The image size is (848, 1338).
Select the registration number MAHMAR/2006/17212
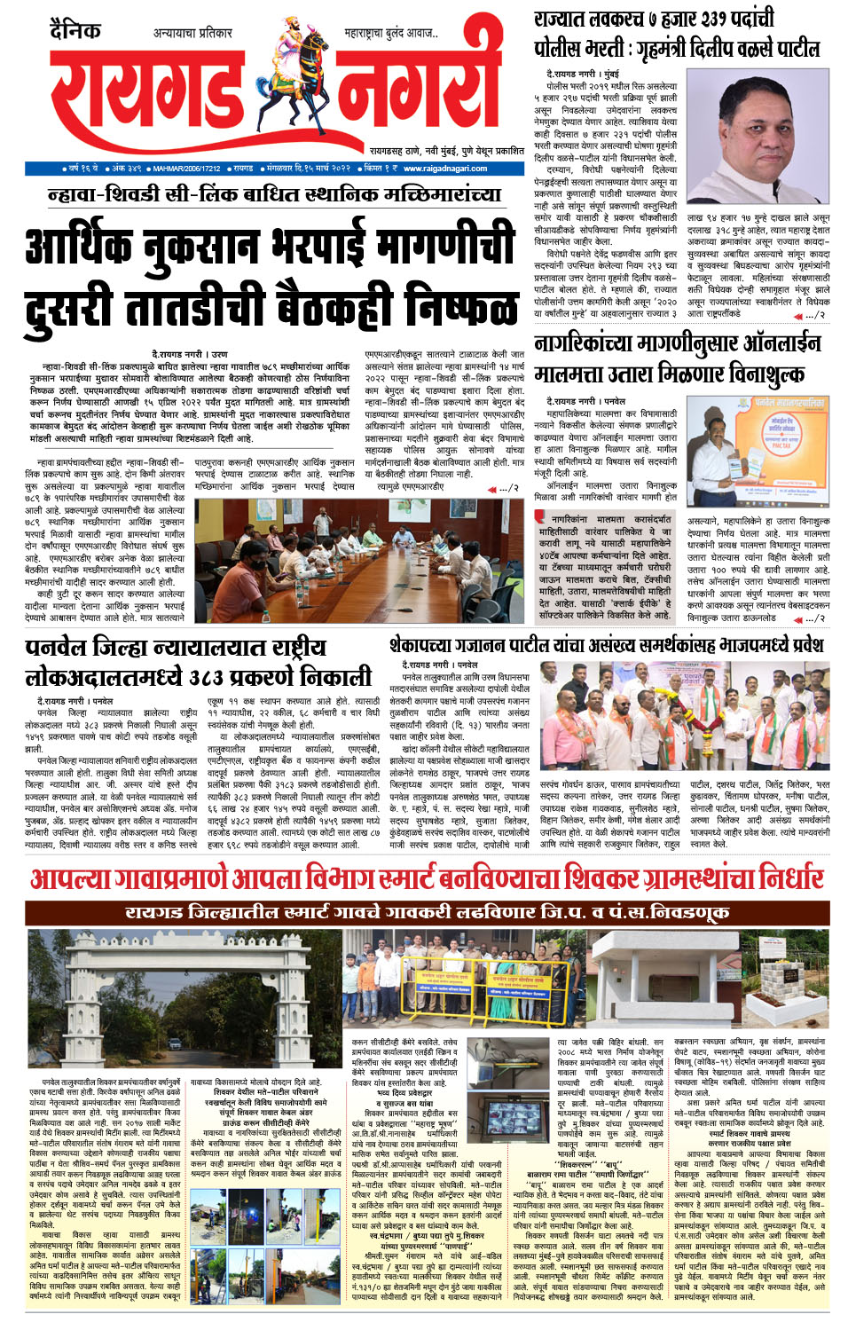(x=186, y=168)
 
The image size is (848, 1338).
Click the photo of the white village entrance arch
(x=184, y=1002)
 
